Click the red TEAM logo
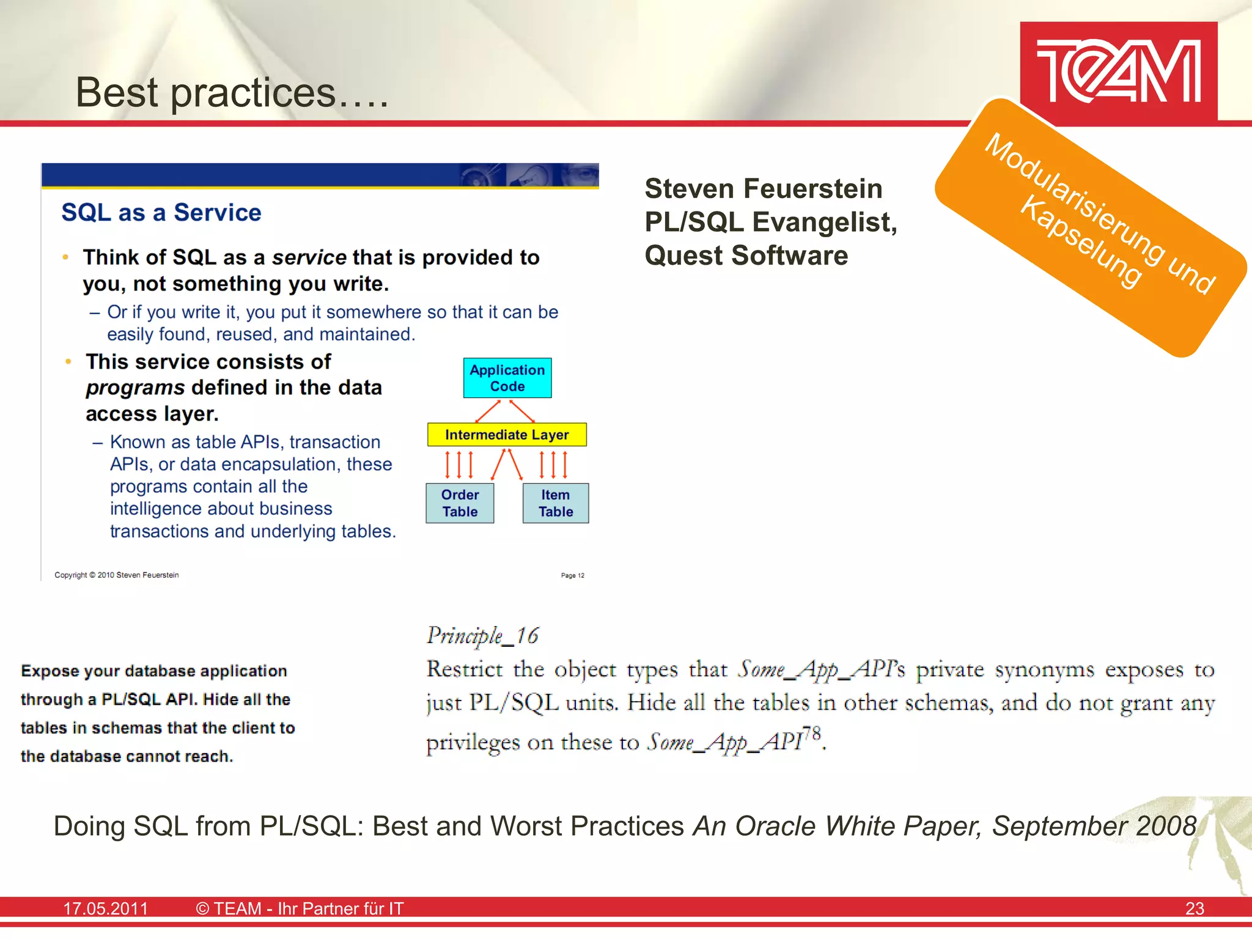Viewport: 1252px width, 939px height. [x=1118, y=72]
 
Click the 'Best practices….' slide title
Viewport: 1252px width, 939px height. [x=232, y=93]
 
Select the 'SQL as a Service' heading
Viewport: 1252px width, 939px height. [x=161, y=213]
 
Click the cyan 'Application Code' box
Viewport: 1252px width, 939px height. [x=507, y=378]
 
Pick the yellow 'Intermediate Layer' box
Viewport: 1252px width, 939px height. [x=507, y=435]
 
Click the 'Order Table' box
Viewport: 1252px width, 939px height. [x=460, y=503]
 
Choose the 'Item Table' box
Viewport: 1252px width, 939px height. [x=556, y=503]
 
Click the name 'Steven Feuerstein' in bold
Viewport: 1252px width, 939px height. [x=764, y=188]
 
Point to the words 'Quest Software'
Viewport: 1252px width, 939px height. [x=746, y=256]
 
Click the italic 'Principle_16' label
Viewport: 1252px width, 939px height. [x=483, y=636]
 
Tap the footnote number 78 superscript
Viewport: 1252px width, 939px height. [x=811, y=733]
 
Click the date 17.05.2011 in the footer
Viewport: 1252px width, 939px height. [x=106, y=908]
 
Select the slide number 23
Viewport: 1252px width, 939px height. [x=1195, y=908]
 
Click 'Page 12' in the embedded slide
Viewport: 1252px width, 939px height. [x=573, y=575]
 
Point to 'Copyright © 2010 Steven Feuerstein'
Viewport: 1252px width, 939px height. [x=117, y=575]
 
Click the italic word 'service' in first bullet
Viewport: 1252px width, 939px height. [x=309, y=257]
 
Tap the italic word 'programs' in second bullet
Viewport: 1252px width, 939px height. [x=135, y=388]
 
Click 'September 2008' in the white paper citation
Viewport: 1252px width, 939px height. [x=1094, y=827]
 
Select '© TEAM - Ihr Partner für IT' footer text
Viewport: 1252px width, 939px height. [x=300, y=908]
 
